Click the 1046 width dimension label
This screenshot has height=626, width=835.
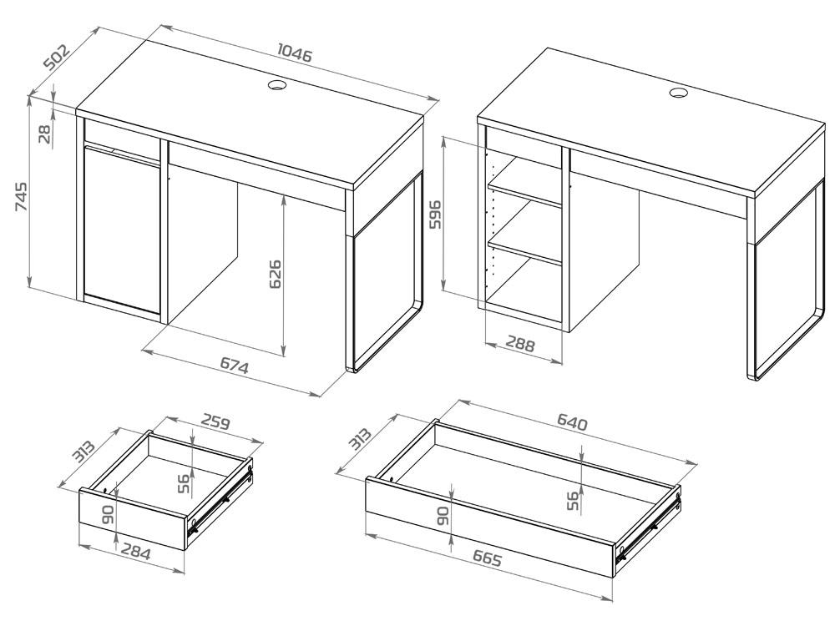295,53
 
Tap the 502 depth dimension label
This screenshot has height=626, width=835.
57,57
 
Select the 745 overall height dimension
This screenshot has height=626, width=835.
21,197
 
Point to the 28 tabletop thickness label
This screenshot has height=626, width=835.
45,133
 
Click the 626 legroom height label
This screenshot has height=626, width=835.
275,274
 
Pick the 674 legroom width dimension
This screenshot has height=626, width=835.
235,366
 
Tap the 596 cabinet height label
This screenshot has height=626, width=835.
435,214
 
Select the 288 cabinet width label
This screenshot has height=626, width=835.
519,344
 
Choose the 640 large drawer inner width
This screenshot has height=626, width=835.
573,422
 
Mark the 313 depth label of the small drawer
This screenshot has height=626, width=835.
83,452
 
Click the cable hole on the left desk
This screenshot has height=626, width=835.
277,84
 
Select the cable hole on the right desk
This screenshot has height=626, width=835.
679,93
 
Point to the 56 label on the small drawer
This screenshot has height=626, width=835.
184,484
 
